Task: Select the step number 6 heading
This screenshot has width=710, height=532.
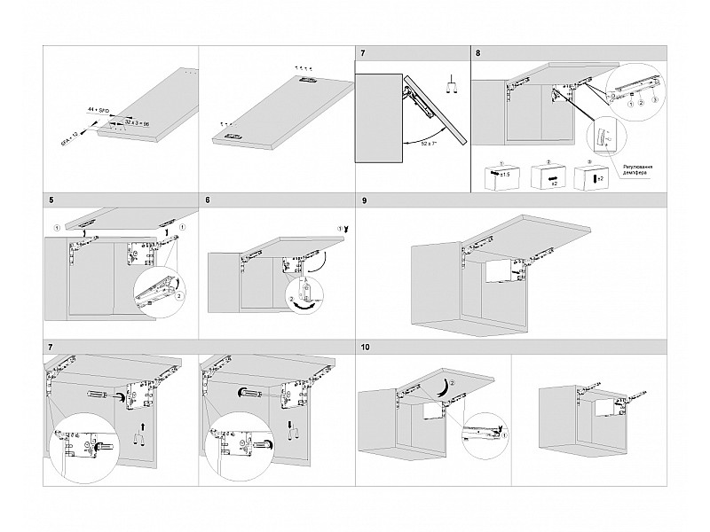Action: pyautogui.click(x=207, y=201)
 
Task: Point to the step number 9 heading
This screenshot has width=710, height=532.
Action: pyautogui.click(x=365, y=201)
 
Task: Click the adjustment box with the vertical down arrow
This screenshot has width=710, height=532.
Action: pyautogui.click(x=597, y=176)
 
